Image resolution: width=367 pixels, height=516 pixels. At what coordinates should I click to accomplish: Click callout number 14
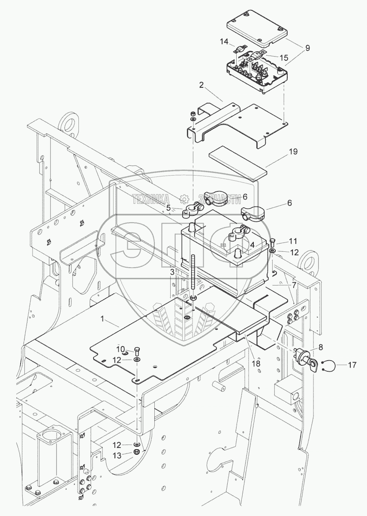pos(224,42)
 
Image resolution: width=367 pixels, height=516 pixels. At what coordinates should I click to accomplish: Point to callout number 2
pos(201,85)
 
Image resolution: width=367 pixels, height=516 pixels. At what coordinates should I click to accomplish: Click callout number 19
pos(293,152)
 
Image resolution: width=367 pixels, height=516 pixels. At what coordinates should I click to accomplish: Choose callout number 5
pos(168,208)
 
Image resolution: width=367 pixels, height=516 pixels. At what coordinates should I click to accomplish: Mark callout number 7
pos(294,284)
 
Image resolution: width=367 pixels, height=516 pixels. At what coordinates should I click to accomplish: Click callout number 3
pos(172,271)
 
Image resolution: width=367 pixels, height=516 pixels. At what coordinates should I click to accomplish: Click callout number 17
pos(352,365)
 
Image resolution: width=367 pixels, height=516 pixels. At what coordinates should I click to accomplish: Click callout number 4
pos(253,245)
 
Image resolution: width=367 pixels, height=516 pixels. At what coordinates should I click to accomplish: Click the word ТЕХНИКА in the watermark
pos(150,199)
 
